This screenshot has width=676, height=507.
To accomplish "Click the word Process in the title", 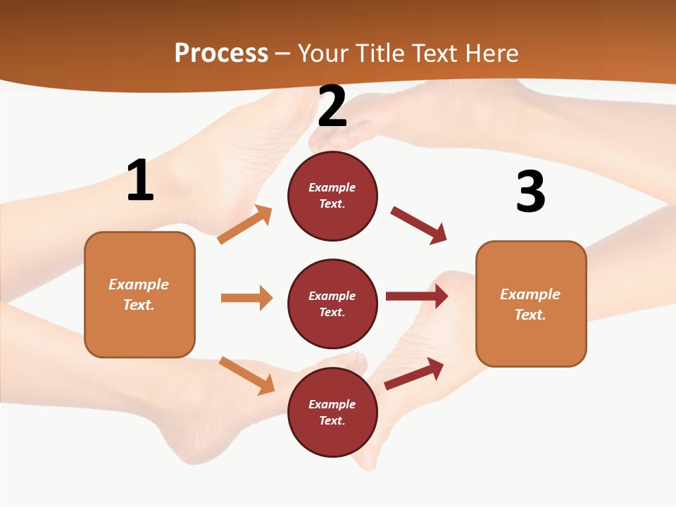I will click(x=221, y=54).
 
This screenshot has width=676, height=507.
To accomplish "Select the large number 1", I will click(x=140, y=181).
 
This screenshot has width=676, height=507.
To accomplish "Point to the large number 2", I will click(x=332, y=106).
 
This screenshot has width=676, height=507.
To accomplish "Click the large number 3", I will click(x=530, y=192).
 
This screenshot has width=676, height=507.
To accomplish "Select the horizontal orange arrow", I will click(x=246, y=298).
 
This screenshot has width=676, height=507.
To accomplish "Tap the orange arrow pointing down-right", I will click(x=246, y=375).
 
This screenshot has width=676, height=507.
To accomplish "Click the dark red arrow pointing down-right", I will click(x=419, y=225).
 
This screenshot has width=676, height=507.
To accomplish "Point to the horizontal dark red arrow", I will click(x=416, y=296).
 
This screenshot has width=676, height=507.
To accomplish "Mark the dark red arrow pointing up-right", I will click(x=414, y=374).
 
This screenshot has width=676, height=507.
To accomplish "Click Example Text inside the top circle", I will click(x=332, y=196).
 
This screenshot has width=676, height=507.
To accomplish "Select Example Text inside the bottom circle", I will click(x=332, y=413).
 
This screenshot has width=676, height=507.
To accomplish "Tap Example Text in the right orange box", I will click(x=530, y=304).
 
